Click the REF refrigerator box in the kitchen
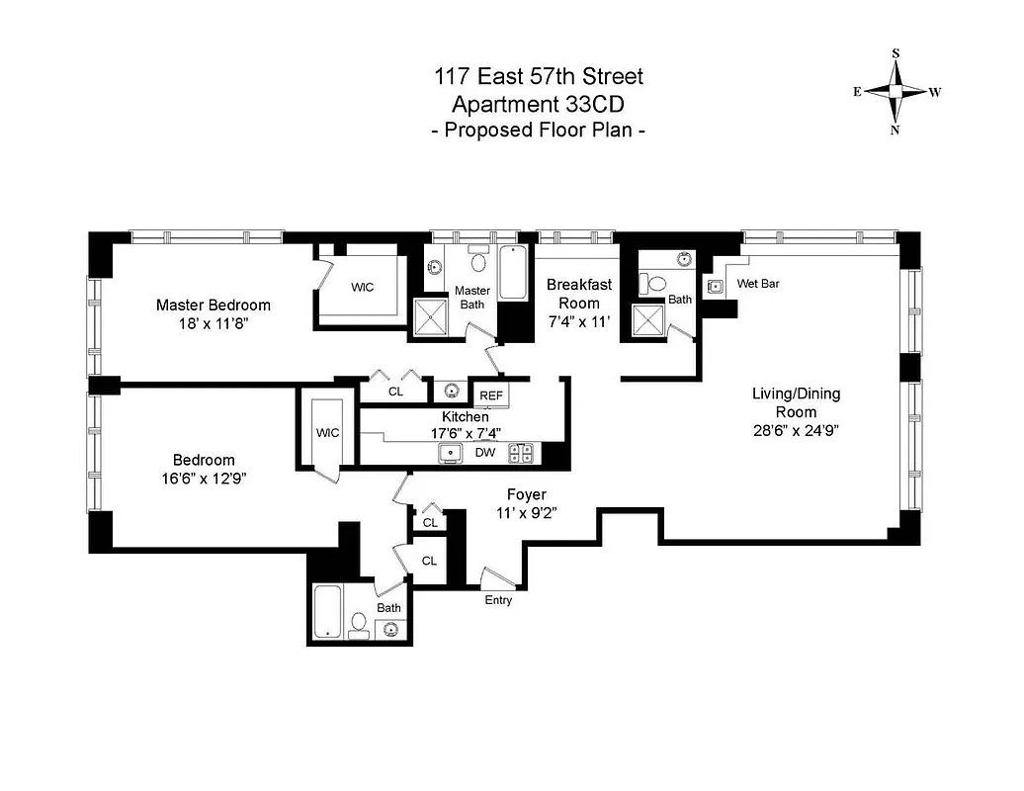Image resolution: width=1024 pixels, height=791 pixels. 491,395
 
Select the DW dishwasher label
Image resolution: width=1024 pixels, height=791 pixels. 485,453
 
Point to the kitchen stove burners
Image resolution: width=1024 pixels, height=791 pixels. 521,453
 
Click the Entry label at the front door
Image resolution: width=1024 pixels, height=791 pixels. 498,600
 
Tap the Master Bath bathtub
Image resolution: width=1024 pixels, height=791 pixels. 511,274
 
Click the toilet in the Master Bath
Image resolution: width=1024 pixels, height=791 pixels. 478,262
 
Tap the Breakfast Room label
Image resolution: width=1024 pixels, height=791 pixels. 579,294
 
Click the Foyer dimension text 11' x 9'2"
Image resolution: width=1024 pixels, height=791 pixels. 526,513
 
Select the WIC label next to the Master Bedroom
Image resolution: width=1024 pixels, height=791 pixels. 364,287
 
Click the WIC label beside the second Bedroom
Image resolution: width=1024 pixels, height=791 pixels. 327,433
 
